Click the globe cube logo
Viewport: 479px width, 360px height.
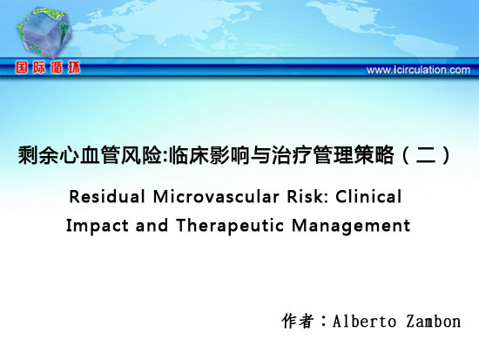44,32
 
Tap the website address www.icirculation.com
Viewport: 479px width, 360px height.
418,70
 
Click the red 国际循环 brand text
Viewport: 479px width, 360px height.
48,67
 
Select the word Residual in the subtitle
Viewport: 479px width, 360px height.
107,197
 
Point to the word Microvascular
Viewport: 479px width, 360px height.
216,197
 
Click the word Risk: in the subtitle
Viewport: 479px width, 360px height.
307,197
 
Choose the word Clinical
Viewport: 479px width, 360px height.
368,197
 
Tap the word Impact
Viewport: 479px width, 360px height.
98,227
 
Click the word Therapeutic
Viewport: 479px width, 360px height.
230,227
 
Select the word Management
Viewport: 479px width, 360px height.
351,227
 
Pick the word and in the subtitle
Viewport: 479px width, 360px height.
152,226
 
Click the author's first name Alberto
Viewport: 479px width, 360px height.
364,322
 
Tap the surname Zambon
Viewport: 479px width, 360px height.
434,322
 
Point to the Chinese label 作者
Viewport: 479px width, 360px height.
298,321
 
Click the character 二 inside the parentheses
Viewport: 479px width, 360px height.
426,155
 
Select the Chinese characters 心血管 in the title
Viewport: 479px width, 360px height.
89,155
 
